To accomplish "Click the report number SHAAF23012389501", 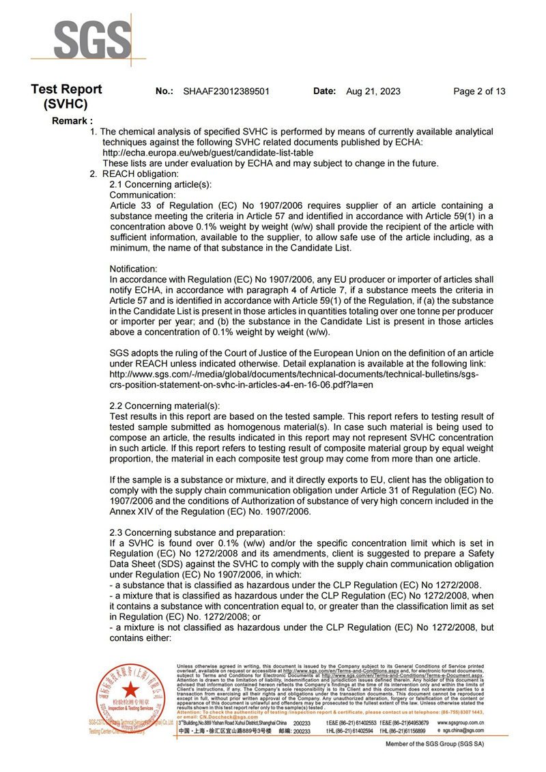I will point(227,91).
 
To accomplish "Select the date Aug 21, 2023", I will point(373,91).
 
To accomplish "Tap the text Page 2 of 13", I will point(479,91).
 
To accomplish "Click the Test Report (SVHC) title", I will point(66,97).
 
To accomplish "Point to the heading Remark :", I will point(72,121).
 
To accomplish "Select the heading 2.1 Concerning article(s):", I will point(161,184).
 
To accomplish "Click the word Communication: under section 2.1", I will point(143,195).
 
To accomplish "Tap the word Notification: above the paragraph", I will point(134,268).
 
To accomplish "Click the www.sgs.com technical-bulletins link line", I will point(294,375).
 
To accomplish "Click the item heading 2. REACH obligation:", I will point(130,174).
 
